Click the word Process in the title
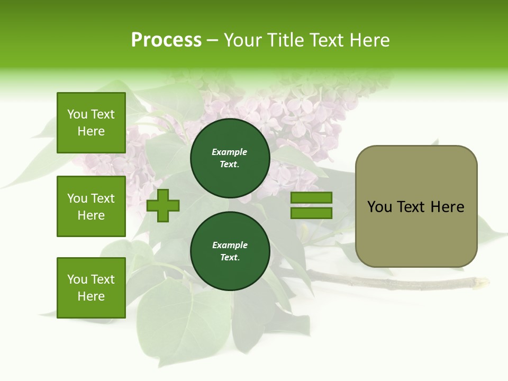tap(166, 40)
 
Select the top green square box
tap(91, 123)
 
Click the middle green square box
tap(91, 206)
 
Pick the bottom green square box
tap(91, 288)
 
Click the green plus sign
tap(163, 205)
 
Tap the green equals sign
tap(311, 205)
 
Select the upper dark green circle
tap(230, 158)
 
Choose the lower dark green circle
tap(230, 251)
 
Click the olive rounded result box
tap(416, 206)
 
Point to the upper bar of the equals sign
tap(311, 197)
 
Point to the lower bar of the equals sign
tap(311, 213)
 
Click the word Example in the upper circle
tap(230, 152)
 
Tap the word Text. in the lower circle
tap(230, 258)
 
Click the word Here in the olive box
tap(447, 207)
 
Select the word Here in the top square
tap(91, 131)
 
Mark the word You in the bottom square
tap(77, 279)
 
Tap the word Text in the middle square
tap(102, 198)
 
